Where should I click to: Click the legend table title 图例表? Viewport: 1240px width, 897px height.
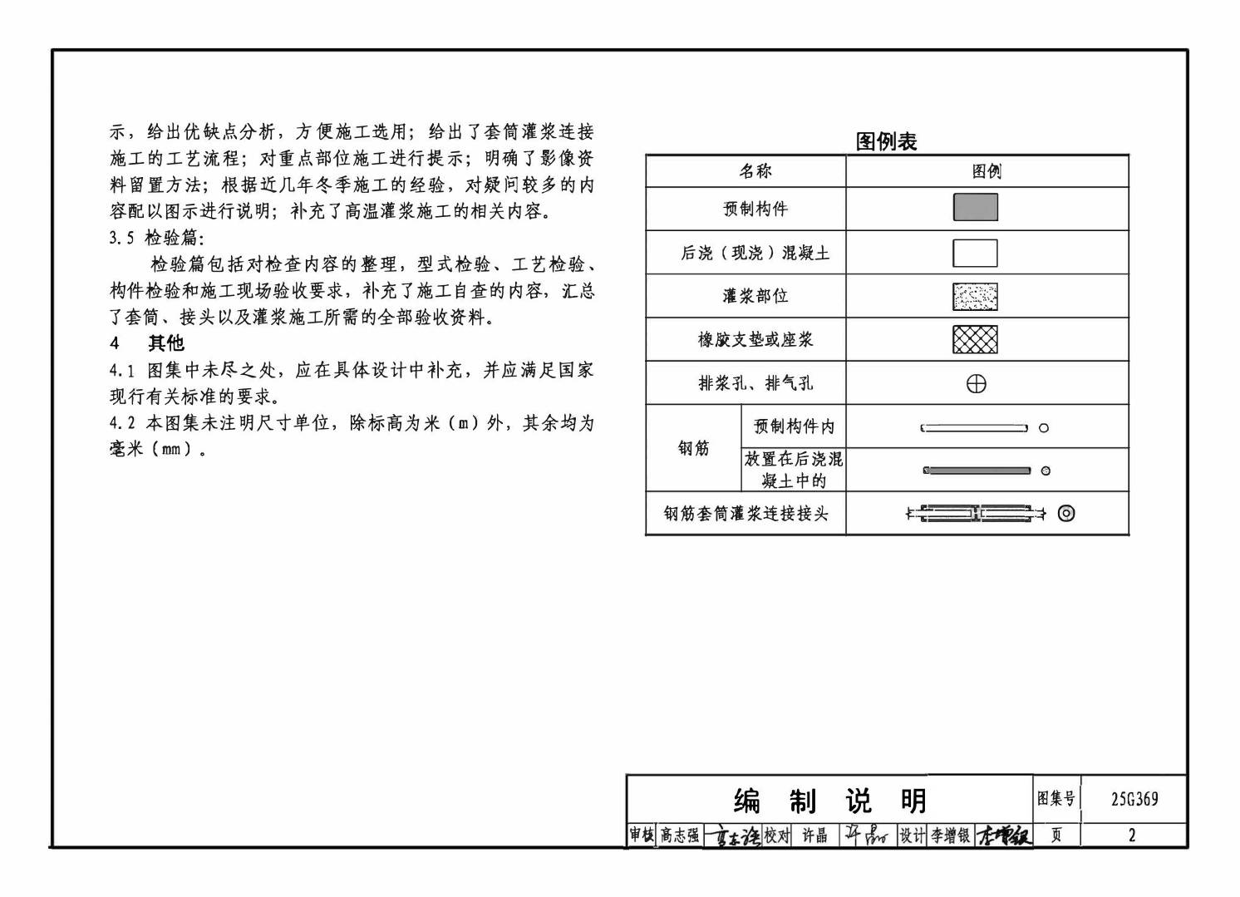(886, 141)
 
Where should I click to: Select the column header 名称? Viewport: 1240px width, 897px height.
(755, 171)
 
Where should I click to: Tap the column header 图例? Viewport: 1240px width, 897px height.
(987, 171)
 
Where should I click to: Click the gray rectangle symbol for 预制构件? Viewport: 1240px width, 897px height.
(975, 208)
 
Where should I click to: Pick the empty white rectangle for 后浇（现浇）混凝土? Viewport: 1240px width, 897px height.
(975, 253)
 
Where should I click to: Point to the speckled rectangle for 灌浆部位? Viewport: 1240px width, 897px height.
(975, 296)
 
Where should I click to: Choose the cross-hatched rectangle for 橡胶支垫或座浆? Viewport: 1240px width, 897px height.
(975, 339)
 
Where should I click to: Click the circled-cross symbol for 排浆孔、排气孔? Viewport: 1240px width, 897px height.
(977, 384)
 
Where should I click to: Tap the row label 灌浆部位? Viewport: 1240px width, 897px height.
(755, 296)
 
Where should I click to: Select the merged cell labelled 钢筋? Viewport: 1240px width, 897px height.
(693, 449)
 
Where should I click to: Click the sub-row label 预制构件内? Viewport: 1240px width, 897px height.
(794, 426)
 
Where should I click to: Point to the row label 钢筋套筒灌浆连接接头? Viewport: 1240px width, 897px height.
(745, 514)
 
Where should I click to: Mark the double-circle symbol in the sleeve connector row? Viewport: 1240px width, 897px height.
(1066, 513)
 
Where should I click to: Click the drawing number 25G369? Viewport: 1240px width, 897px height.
(1134, 800)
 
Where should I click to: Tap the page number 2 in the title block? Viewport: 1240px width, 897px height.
(1131, 835)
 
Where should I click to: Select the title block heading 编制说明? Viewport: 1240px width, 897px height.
(829, 801)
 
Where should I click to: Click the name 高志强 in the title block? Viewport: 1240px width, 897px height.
(679, 835)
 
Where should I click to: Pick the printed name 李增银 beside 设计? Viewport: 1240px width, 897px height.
(950, 835)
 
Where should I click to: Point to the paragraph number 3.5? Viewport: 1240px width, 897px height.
(121, 238)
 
